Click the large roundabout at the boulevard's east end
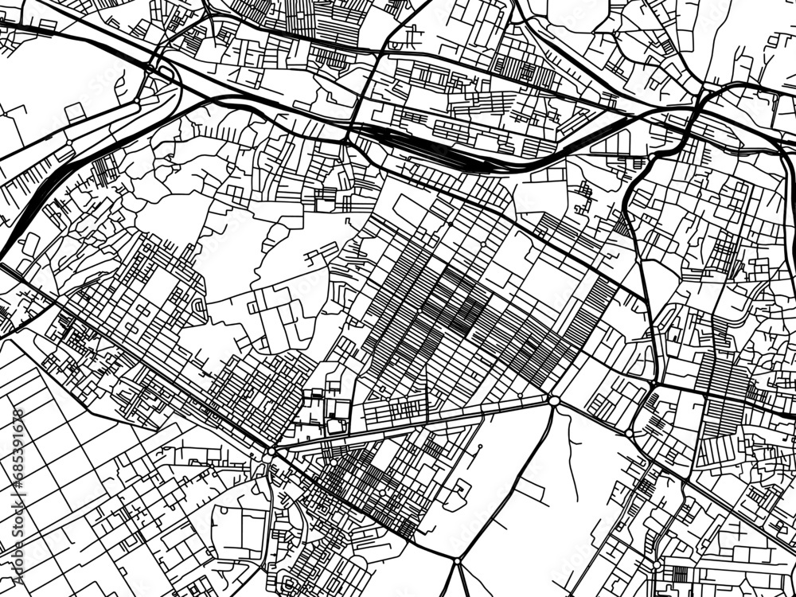pos(553,400)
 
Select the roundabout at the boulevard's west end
pos(271,451)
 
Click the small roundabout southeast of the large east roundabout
pos(629,434)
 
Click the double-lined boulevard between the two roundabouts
pos(414,424)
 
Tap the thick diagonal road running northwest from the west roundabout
pos(159,366)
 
